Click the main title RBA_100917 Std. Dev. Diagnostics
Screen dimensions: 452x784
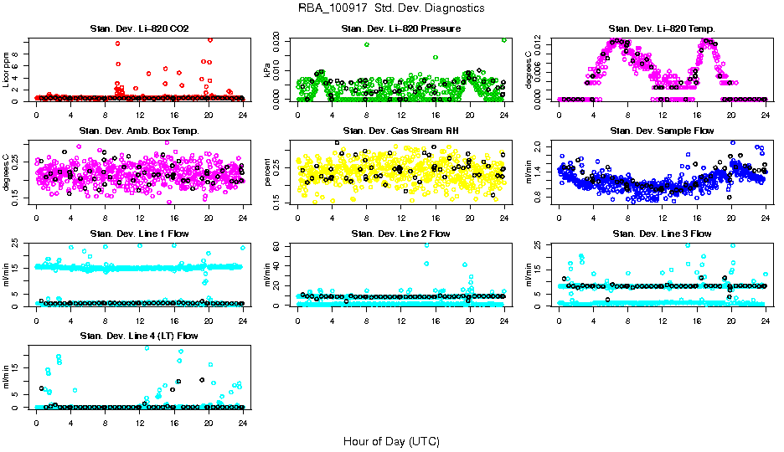point(391,8)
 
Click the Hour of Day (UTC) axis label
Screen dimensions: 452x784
point(391,440)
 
